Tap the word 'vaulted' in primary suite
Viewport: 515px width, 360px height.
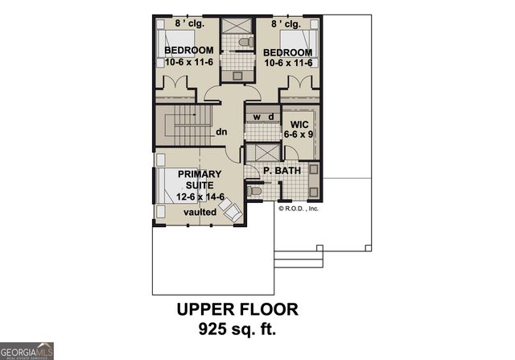[x=200, y=212]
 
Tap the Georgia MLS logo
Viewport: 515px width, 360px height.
[x=27, y=350]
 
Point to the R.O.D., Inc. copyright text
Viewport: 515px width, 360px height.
[x=299, y=207]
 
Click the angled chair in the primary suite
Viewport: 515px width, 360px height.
[x=230, y=210]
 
